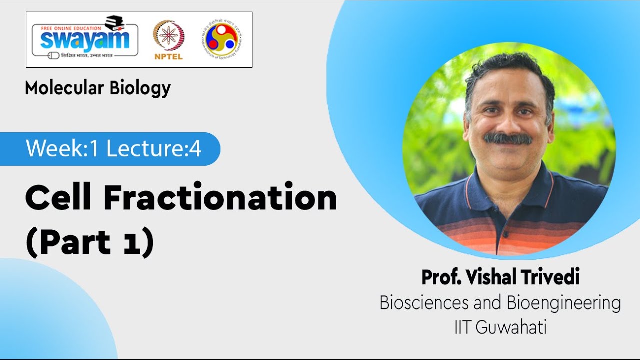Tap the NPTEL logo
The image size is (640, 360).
(168, 40)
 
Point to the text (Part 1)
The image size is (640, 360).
(89, 242)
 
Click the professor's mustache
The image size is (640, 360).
(507, 138)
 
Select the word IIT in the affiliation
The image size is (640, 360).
(463, 328)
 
